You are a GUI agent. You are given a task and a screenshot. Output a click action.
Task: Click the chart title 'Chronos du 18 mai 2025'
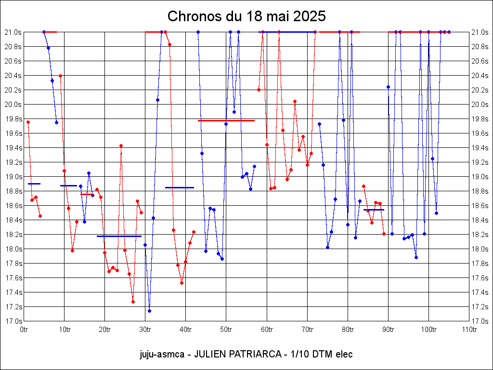[x=246, y=16]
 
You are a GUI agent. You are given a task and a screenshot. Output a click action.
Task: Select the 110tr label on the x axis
[x=469, y=330]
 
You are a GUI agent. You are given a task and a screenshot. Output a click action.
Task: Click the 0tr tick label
[x=24, y=330]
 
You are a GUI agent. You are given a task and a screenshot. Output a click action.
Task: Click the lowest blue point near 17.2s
[x=149, y=311]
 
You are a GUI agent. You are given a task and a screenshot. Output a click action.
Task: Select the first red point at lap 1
[x=28, y=122]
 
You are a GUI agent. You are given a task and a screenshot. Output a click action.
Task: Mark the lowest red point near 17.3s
[x=133, y=302]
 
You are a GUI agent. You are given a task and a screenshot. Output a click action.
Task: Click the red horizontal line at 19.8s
[x=226, y=120]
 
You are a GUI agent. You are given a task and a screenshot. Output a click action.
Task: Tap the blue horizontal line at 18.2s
[x=119, y=236]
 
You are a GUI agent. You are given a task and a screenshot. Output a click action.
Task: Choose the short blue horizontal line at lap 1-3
[x=34, y=184]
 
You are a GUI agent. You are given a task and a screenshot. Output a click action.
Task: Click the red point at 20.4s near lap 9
[x=60, y=76]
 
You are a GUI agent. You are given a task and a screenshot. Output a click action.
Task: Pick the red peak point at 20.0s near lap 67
[x=295, y=102]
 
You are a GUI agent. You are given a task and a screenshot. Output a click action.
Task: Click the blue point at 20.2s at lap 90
[x=388, y=87]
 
